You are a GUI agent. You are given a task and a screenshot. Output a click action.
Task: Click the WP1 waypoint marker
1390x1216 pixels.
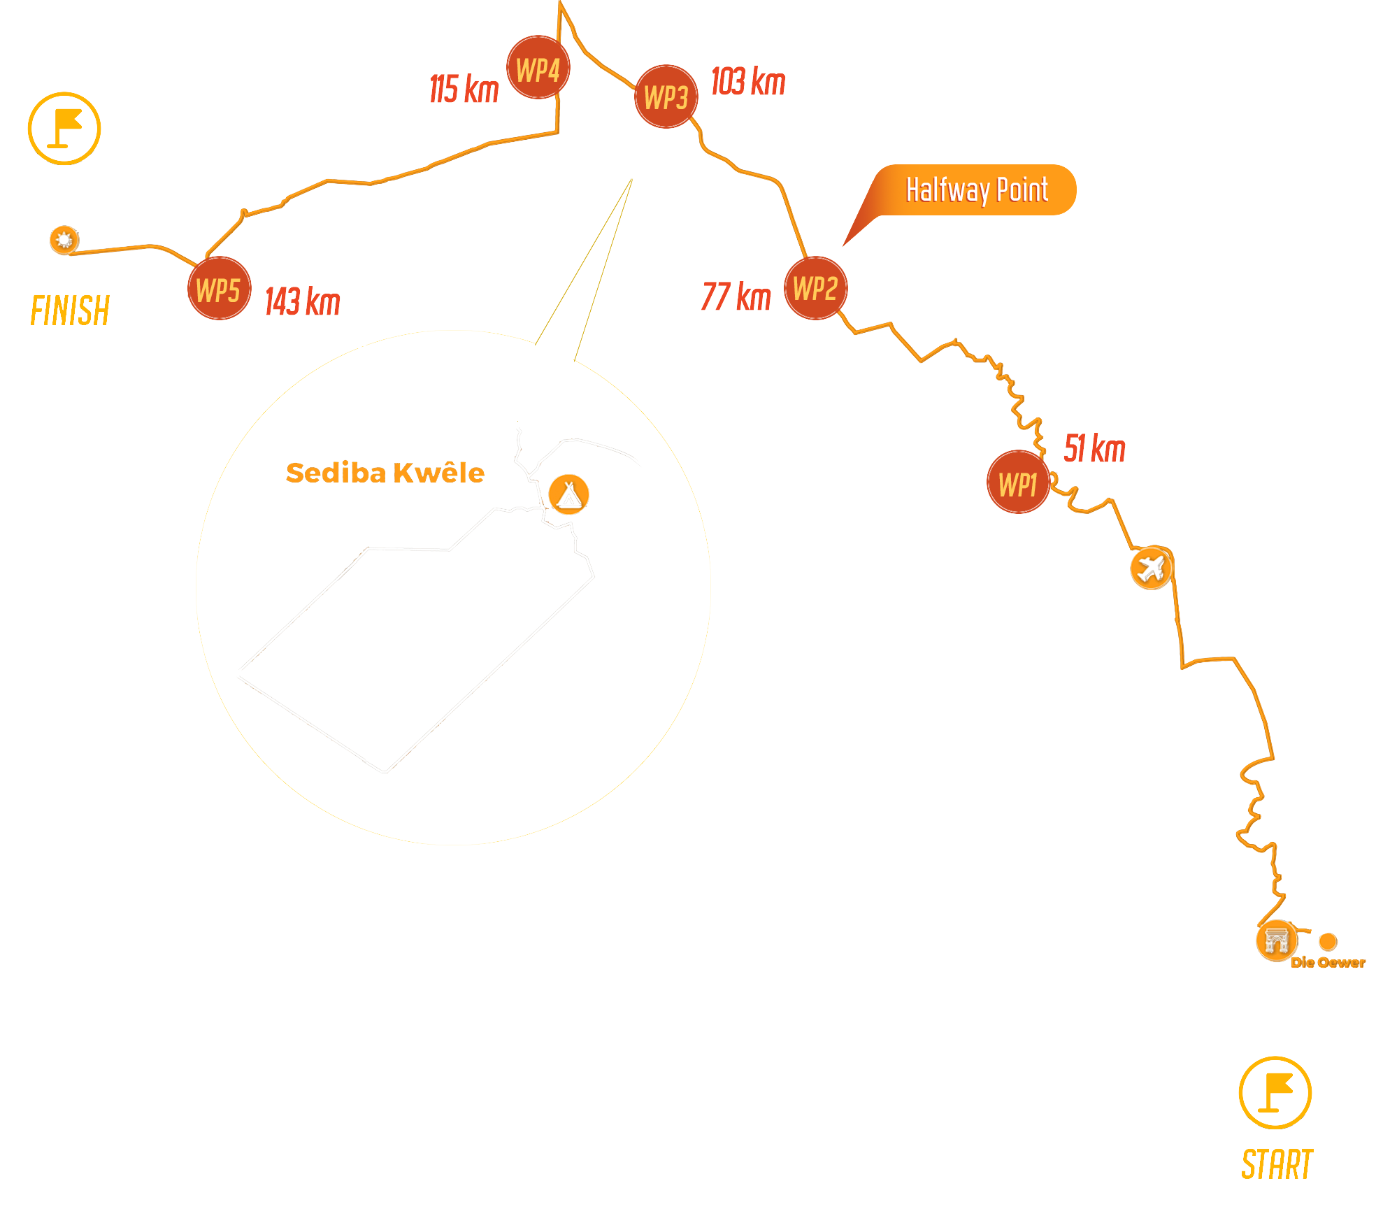1019,482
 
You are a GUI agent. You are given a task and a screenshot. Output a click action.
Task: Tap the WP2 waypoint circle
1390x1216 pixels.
815,288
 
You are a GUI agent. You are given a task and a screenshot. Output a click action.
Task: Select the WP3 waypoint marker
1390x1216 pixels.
666,96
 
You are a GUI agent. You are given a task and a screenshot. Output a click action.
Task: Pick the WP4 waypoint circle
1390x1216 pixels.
538,68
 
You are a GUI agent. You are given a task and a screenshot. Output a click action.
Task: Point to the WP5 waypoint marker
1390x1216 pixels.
219,288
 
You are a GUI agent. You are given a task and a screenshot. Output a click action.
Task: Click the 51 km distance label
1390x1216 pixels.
1094,448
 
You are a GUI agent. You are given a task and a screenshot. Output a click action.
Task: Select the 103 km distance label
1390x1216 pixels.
748,81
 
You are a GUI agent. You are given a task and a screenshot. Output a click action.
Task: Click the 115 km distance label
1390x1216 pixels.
464,89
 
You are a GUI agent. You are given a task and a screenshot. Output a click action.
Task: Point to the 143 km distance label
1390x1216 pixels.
303,301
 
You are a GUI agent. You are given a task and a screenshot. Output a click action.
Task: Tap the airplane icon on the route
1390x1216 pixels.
1151,568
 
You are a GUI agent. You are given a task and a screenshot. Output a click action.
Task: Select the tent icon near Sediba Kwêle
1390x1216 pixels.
568,494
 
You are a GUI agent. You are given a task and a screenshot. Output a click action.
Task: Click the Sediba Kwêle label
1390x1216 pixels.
385,473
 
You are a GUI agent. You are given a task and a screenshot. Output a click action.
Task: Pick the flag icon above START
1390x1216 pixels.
1275,1092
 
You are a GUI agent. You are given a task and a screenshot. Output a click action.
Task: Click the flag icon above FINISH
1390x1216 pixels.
64,128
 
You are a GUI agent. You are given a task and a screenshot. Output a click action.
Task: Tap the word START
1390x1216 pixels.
1277,1164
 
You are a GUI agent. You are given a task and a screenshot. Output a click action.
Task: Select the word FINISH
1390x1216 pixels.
70,310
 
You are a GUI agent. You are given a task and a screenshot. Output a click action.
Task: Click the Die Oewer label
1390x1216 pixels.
1328,962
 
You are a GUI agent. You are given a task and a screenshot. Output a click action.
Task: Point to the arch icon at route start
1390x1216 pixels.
1276,940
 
